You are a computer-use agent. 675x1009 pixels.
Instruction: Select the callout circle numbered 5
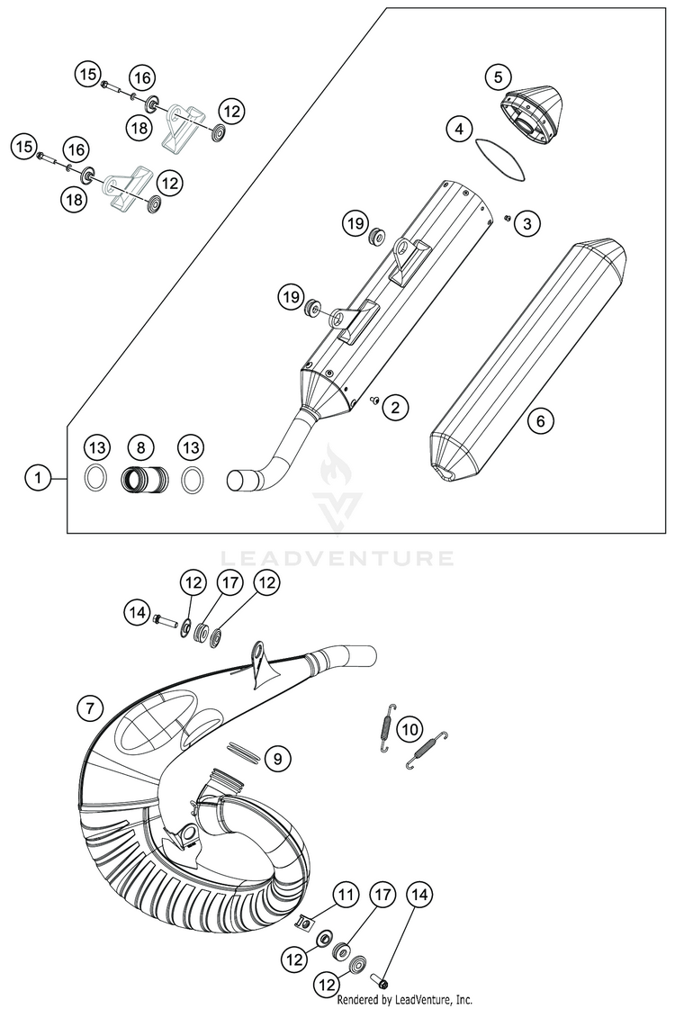click(x=498, y=77)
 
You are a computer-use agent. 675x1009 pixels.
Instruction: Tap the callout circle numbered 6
click(x=541, y=419)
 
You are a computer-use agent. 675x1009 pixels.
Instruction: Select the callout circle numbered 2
click(x=394, y=407)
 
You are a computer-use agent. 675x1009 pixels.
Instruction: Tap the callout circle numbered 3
click(x=528, y=221)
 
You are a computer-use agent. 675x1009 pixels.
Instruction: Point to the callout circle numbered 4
click(x=460, y=130)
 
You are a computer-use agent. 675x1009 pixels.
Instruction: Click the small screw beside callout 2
click(x=373, y=402)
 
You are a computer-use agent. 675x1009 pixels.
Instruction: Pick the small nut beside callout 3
click(x=508, y=219)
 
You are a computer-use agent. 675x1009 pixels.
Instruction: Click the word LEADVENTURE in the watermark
click(x=337, y=558)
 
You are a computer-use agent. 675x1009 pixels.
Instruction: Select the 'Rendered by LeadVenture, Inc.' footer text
click(x=405, y=1000)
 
